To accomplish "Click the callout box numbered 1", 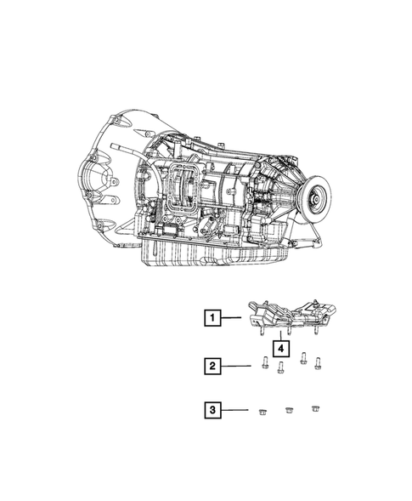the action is click(212, 318).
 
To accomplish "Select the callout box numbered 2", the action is click(212, 366).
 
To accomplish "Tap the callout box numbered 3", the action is click(212, 410).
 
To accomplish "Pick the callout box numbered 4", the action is click(281, 349).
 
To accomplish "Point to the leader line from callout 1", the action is click(231, 317).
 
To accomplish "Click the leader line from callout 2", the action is click(235, 366).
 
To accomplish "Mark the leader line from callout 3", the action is click(234, 410).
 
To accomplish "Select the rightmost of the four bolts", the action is click(317, 364).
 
